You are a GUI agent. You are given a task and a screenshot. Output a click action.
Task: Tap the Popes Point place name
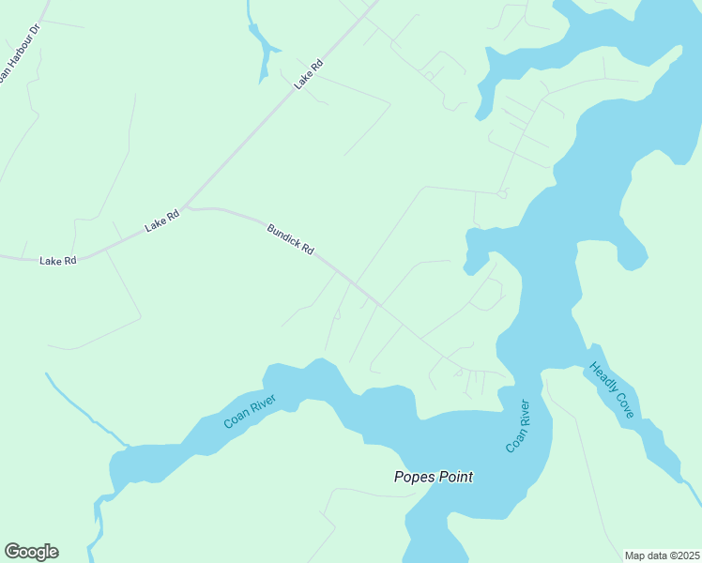(433, 477)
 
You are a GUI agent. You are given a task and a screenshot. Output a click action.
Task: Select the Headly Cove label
(611, 389)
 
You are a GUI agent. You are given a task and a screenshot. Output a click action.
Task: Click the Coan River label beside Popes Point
(517, 426)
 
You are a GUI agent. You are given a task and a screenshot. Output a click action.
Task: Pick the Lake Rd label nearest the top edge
(309, 73)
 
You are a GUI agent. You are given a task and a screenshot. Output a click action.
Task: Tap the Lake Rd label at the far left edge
(57, 260)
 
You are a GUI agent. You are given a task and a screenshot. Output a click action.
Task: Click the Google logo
(31, 552)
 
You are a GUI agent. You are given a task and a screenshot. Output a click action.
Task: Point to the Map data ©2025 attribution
(663, 555)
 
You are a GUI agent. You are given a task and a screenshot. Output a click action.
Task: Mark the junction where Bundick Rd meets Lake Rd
(186, 206)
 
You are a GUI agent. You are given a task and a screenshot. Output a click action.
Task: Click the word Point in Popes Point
(451, 477)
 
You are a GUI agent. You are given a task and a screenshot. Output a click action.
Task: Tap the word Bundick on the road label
(282, 234)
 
